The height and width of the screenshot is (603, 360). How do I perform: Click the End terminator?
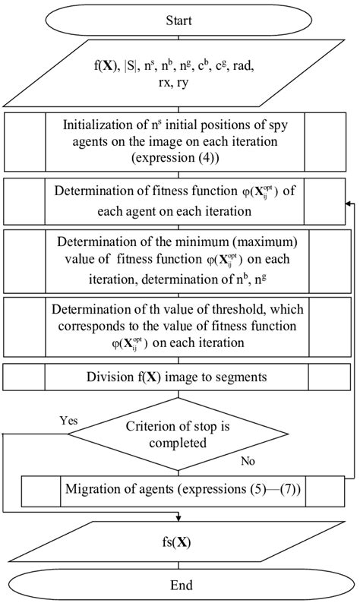pos(181,586)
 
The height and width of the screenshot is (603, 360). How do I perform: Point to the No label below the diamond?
pos(247,460)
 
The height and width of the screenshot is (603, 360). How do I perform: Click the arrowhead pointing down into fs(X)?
pos(180,518)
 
